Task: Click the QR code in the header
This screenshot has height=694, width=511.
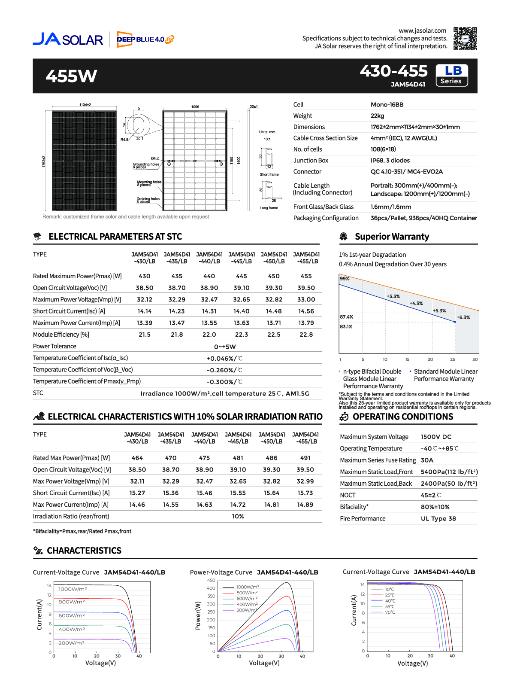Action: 465,39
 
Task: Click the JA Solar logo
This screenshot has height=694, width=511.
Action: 68,39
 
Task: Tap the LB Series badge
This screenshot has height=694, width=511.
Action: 451,75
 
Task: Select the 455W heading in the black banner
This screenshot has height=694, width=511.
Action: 71,76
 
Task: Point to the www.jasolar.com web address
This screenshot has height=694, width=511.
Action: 422,30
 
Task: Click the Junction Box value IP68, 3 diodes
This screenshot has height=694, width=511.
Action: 390,161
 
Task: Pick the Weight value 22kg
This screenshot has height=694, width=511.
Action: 377,116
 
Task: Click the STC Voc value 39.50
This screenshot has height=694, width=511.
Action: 306,288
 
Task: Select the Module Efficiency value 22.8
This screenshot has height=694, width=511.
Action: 306,335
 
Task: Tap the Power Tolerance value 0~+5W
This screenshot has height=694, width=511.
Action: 225,347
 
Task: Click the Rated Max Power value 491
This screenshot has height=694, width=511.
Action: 305,458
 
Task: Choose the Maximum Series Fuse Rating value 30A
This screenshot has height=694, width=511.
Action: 427,460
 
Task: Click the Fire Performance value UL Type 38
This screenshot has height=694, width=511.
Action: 438,518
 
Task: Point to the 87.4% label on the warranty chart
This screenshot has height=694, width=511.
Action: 346,317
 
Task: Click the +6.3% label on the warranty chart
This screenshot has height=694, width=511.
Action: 463,317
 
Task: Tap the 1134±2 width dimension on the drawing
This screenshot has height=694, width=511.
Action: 85,105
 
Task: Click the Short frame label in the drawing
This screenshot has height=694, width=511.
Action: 269,174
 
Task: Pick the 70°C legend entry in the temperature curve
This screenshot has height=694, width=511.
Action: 390,612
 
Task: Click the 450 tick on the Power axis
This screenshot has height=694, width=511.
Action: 211,580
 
